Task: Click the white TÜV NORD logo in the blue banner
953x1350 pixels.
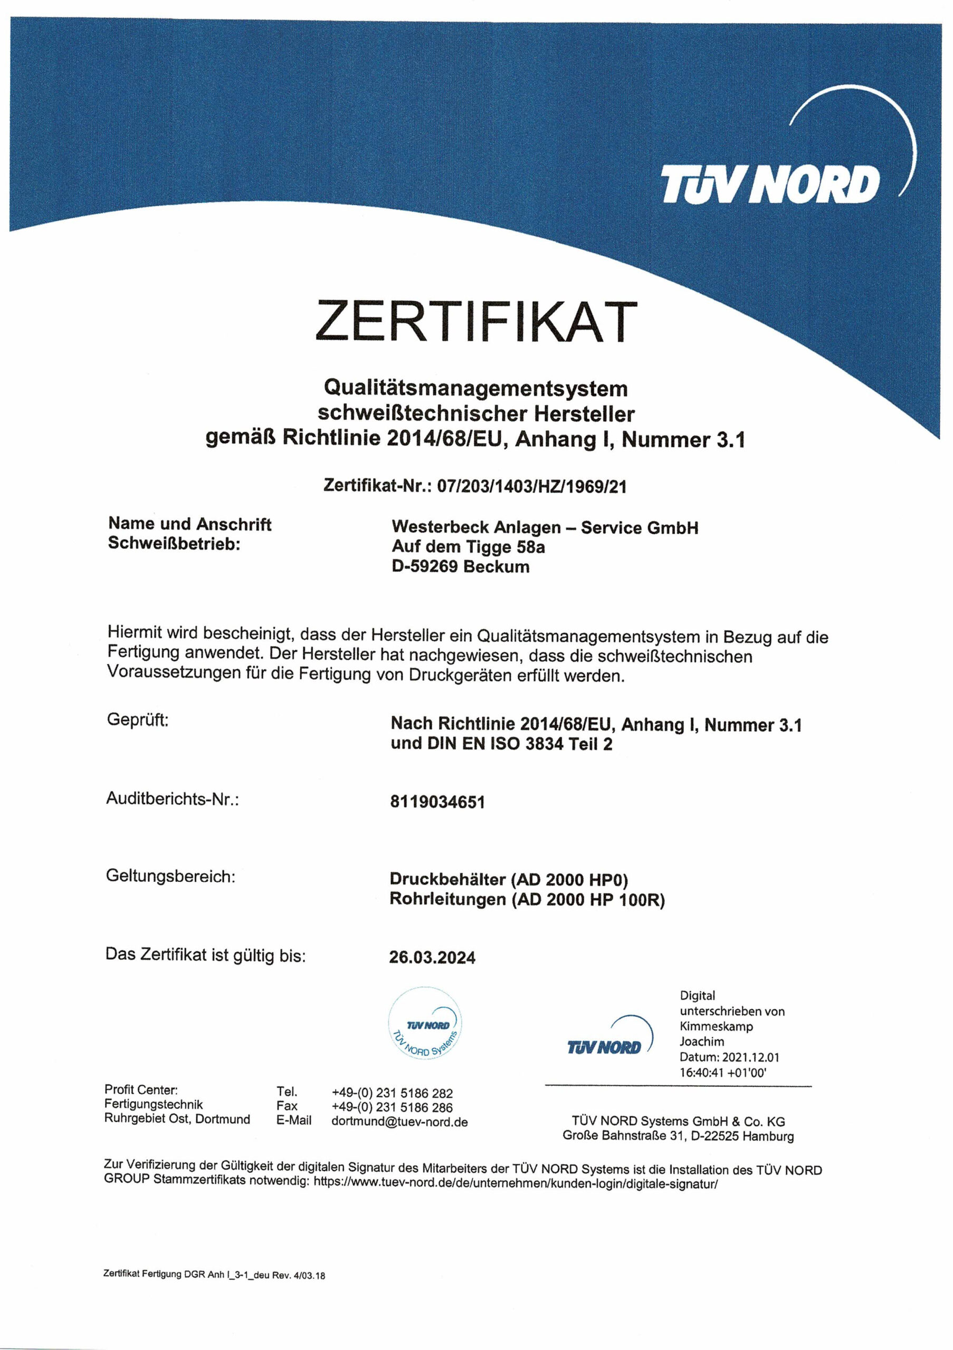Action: pyautogui.click(x=770, y=184)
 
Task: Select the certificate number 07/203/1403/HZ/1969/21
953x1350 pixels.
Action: pyautogui.click(x=532, y=486)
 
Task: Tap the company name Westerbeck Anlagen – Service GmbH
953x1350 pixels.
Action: pyautogui.click(x=545, y=527)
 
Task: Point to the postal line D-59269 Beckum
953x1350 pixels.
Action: pyautogui.click(x=461, y=567)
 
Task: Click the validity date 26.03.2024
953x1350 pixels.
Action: pyautogui.click(x=432, y=958)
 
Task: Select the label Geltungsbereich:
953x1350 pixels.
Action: pyautogui.click(x=170, y=876)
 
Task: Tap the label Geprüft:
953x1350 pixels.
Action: pyautogui.click(x=138, y=720)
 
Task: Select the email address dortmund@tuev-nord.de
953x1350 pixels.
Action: pyautogui.click(x=399, y=1122)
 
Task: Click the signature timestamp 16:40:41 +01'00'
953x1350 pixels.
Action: pyautogui.click(x=723, y=1073)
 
